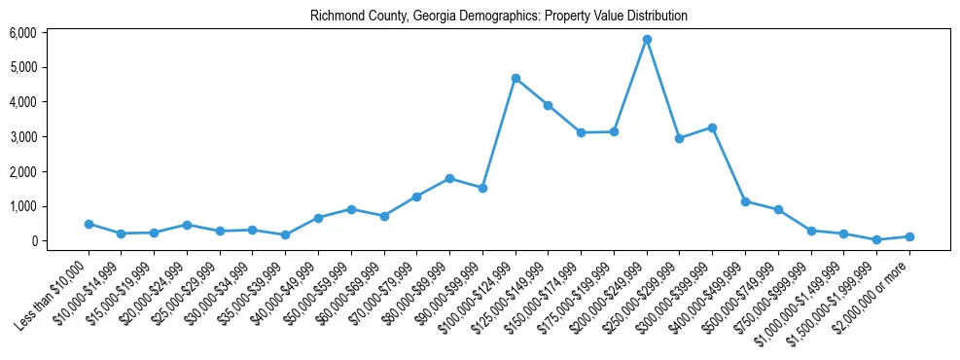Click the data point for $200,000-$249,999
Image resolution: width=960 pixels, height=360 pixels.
click(647, 39)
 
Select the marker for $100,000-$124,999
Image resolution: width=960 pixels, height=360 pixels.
click(516, 78)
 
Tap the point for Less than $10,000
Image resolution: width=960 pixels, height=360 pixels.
click(89, 224)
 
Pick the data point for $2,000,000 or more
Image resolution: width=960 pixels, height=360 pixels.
click(909, 236)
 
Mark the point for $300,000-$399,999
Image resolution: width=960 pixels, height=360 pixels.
click(712, 127)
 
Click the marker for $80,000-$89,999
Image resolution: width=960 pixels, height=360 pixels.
click(449, 178)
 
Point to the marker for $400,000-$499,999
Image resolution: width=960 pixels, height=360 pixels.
click(745, 201)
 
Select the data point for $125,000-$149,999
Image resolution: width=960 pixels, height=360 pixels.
click(549, 105)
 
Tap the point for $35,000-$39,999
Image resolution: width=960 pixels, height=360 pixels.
click(285, 234)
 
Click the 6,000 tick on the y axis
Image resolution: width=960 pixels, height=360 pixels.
click(22, 33)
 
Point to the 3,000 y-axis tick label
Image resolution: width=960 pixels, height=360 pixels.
click(22, 137)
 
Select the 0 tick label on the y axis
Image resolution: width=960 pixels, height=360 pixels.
click(32, 241)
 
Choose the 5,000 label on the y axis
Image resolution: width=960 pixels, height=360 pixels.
click(22, 67)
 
